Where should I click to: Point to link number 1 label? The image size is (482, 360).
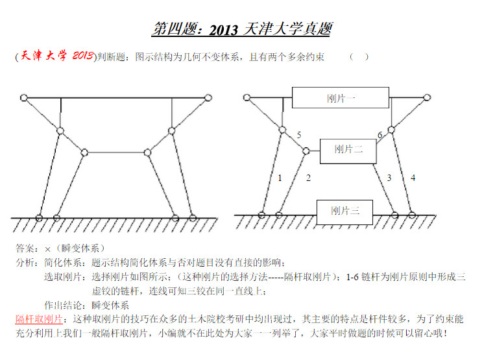pos(280,178)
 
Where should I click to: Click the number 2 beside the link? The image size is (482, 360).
pos(308,178)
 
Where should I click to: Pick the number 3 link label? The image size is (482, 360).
pos(389,178)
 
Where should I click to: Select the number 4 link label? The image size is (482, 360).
pos(413,178)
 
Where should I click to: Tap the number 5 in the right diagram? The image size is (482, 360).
pos(299,135)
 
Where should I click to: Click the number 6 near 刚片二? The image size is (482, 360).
pos(380,135)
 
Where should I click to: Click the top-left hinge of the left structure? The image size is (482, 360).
pos(23,98)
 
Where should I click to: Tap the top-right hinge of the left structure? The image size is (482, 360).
pos(208,98)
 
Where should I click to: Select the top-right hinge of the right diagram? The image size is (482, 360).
pos(427,97)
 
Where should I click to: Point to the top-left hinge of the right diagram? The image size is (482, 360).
pos(247,97)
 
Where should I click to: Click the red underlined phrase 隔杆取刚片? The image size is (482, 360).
pos(39,319)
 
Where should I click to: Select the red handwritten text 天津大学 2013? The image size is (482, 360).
pos(56,56)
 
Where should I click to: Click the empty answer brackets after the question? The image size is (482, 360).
pos(359,57)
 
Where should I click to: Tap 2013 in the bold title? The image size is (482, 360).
pos(223,30)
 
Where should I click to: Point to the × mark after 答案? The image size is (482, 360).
pos(47,249)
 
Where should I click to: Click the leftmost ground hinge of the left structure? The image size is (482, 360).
pos(39,218)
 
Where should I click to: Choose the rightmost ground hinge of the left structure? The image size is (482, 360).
pos(193,219)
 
